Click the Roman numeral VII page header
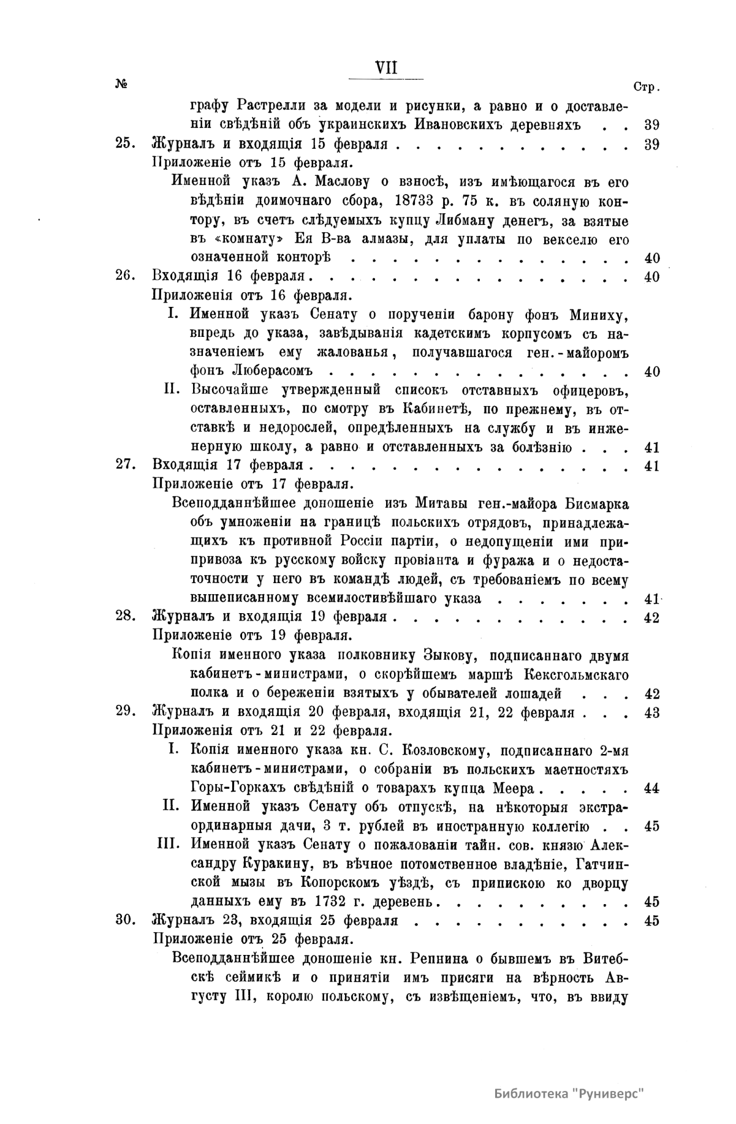386,68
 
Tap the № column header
120,85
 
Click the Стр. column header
645,87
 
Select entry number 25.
124,145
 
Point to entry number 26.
124,276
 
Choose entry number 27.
124,465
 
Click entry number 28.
124,617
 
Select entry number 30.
124,920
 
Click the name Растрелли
276,106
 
